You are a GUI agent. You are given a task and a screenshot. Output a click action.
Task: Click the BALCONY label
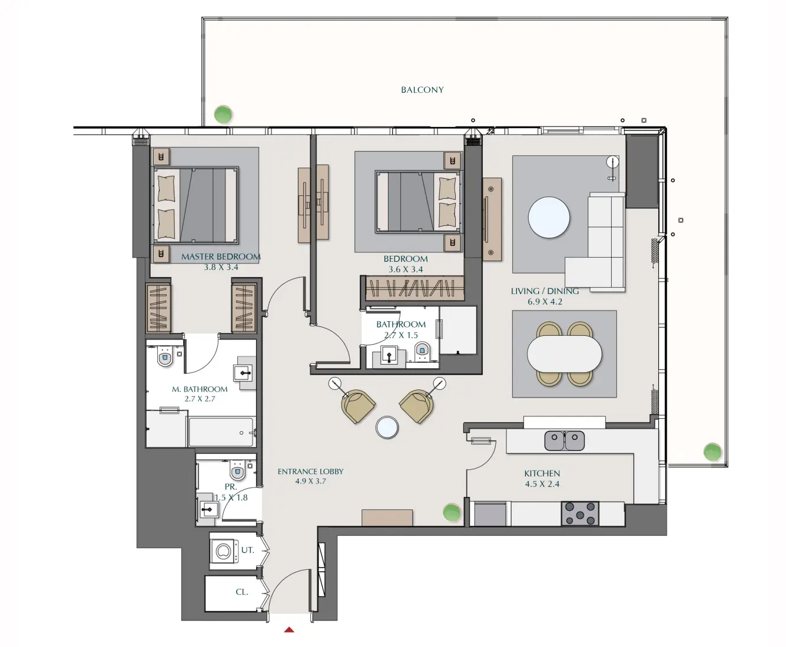tap(422, 90)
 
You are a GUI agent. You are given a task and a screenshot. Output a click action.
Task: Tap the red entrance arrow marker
tap(289, 630)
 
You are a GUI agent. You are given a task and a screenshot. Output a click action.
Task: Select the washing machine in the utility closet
tap(224, 552)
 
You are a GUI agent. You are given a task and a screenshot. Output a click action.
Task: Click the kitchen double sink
tap(564, 441)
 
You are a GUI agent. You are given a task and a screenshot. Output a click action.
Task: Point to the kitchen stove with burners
tap(580, 513)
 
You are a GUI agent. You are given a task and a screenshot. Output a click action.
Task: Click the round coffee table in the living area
tap(549, 218)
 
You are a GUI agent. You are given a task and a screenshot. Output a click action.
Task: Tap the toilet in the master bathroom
tap(165, 356)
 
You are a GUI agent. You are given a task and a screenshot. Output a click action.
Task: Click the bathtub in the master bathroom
tap(221, 432)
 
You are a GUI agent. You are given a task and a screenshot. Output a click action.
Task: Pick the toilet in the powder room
tap(238, 471)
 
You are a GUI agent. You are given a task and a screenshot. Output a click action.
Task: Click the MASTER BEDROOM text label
tap(221, 256)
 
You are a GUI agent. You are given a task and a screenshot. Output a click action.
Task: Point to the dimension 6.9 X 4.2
tap(545, 302)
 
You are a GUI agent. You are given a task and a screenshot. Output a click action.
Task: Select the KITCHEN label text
tap(542, 473)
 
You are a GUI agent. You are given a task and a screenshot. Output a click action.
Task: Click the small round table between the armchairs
tap(387, 428)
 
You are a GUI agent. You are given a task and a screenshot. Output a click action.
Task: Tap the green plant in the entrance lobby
tap(452, 512)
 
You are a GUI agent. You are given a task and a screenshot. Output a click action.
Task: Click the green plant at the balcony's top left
tap(223, 114)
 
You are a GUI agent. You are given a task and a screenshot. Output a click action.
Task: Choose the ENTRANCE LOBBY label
tap(310, 472)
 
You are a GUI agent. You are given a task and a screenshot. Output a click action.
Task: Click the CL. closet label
tap(241, 592)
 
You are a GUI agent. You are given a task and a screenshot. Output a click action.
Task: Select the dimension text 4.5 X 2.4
tap(542, 484)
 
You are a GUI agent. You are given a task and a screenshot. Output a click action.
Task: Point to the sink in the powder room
tap(208, 509)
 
